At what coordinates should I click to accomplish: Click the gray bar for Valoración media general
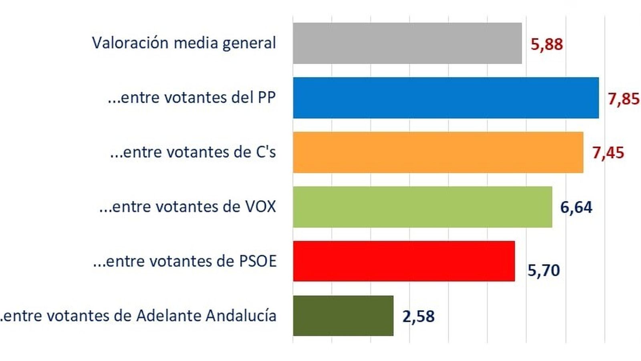(x=407, y=43)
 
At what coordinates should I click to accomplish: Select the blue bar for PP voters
(x=445, y=98)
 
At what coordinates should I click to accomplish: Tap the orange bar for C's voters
(x=438, y=152)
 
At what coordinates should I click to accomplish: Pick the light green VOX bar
(x=422, y=207)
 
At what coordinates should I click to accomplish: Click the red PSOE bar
(x=404, y=261)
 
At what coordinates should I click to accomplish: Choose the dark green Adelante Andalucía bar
(x=343, y=316)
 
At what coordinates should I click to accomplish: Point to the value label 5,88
(x=546, y=44)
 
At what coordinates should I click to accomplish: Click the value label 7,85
(x=623, y=99)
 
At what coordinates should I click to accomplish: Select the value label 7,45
(x=608, y=153)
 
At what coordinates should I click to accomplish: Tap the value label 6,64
(x=576, y=207)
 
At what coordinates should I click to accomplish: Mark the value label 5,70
(x=543, y=270)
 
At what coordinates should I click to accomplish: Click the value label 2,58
(x=418, y=316)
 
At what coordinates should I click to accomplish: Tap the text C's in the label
(x=266, y=152)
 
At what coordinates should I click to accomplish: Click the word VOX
(x=260, y=207)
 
